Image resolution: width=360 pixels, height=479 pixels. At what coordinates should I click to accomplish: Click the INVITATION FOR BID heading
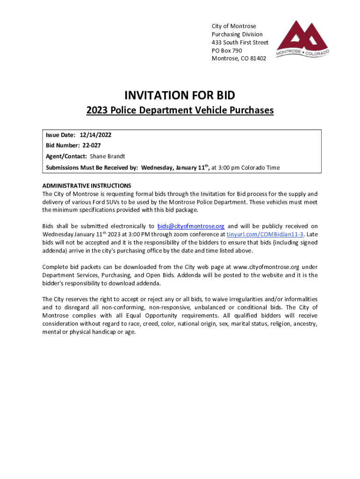pyautogui.click(x=180, y=95)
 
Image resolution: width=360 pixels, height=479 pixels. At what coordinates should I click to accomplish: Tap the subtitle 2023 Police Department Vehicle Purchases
pyautogui.click(x=180, y=111)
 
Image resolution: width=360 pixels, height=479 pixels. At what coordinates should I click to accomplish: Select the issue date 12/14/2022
pyautogui.click(x=95, y=135)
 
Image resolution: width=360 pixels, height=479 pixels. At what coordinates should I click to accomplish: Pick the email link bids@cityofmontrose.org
pyautogui.click(x=191, y=226)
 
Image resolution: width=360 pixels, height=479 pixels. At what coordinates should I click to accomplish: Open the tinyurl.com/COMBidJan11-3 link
pyautogui.click(x=265, y=234)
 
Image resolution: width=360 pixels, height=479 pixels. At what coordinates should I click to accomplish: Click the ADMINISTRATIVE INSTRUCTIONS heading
pyautogui.click(x=86, y=185)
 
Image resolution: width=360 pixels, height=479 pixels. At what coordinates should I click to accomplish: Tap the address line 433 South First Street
pyautogui.click(x=240, y=43)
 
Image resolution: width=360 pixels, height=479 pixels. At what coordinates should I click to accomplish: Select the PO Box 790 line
pyautogui.click(x=227, y=51)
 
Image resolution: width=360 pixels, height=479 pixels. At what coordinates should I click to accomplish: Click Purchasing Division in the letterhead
pyautogui.click(x=237, y=35)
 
